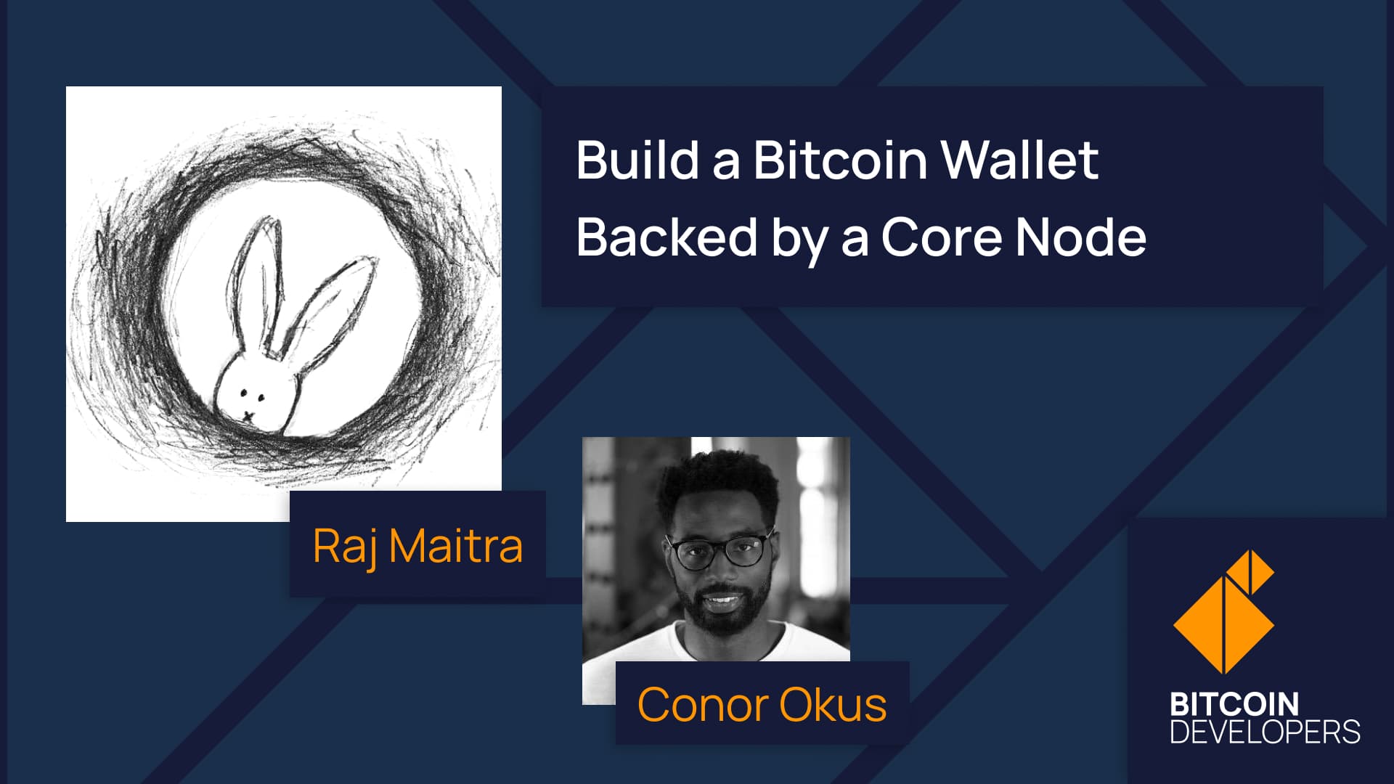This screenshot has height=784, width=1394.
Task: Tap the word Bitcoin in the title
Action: click(841, 160)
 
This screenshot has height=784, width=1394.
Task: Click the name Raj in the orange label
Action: click(345, 547)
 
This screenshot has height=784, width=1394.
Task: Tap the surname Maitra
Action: click(456, 546)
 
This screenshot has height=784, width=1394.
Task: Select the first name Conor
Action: click(702, 705)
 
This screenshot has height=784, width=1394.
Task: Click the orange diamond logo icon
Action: click(1224, 612)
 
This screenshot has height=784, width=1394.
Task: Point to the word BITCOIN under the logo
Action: click(1234, 704)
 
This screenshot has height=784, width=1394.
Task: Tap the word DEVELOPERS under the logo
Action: click(1265, 732)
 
